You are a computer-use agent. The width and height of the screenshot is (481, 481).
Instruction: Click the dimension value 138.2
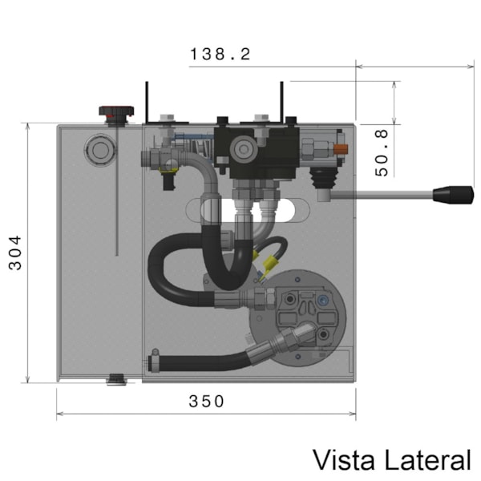220,55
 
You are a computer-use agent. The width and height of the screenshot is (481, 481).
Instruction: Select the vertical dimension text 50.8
382,152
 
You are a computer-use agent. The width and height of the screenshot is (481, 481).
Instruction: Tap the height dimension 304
16,253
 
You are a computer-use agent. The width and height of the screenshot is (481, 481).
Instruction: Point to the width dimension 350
207,402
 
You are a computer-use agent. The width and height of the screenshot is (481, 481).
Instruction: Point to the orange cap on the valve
342,149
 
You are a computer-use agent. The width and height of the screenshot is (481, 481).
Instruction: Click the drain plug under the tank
117,379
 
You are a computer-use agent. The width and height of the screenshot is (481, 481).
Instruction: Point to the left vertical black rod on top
146,101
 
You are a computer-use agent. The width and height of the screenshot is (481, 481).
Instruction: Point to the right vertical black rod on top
281,99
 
